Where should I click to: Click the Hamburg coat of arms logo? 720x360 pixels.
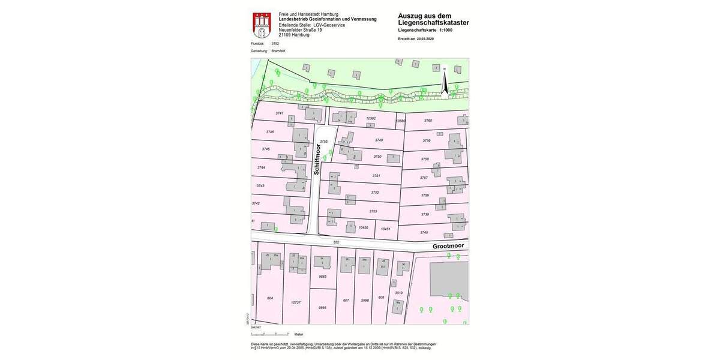262,25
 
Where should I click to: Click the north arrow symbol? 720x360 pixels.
445,82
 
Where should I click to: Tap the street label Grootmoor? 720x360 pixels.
448,246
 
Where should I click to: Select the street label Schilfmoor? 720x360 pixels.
317,159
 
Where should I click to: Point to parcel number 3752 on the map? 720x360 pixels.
375,193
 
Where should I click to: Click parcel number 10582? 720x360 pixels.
371,119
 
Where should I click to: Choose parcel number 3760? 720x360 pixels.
428,121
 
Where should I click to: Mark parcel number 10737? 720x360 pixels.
295,302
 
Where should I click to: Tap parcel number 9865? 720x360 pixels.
323,277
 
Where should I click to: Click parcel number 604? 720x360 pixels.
270,298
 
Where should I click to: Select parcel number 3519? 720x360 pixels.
398,293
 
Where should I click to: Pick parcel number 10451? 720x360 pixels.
385,229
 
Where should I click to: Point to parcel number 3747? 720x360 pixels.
279,113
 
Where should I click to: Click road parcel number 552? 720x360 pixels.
336,242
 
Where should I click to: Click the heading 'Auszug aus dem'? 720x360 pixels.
425,16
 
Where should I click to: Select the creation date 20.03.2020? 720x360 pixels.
425,38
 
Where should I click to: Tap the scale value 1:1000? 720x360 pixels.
446,30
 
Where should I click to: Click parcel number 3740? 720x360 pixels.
424,232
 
